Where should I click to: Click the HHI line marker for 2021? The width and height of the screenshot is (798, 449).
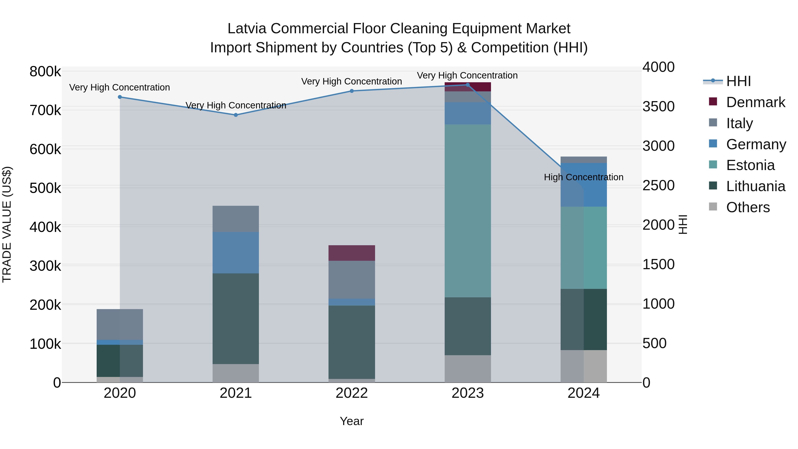click(x=236, y=115)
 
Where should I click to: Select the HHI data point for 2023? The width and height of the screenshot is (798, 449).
click(x=468, y=85)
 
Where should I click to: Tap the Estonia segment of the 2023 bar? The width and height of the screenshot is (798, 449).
click(x=468, y=211)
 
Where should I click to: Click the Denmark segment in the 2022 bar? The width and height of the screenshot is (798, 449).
click(x=352, y=253)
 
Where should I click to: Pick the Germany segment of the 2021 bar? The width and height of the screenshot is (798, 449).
click(x=236, y=253)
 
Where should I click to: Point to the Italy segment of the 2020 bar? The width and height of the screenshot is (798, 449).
click(x=120, y=324)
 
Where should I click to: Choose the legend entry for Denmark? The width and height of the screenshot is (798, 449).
click(x=755, y=102)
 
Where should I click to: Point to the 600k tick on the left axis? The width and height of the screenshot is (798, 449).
click(x=45, y=149)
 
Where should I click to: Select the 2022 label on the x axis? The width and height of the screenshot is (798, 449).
click(x=352, y=393)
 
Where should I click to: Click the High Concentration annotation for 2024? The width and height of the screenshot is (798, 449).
click(x=584, y=177)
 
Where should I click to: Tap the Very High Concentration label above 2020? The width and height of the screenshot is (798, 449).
click(x=119, y=87)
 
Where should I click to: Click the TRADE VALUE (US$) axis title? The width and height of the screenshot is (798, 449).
click(x=7, y=224)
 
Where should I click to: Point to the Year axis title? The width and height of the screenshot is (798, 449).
click(x=352, y=421)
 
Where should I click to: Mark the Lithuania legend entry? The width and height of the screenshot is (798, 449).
click(x=755, y=186)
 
